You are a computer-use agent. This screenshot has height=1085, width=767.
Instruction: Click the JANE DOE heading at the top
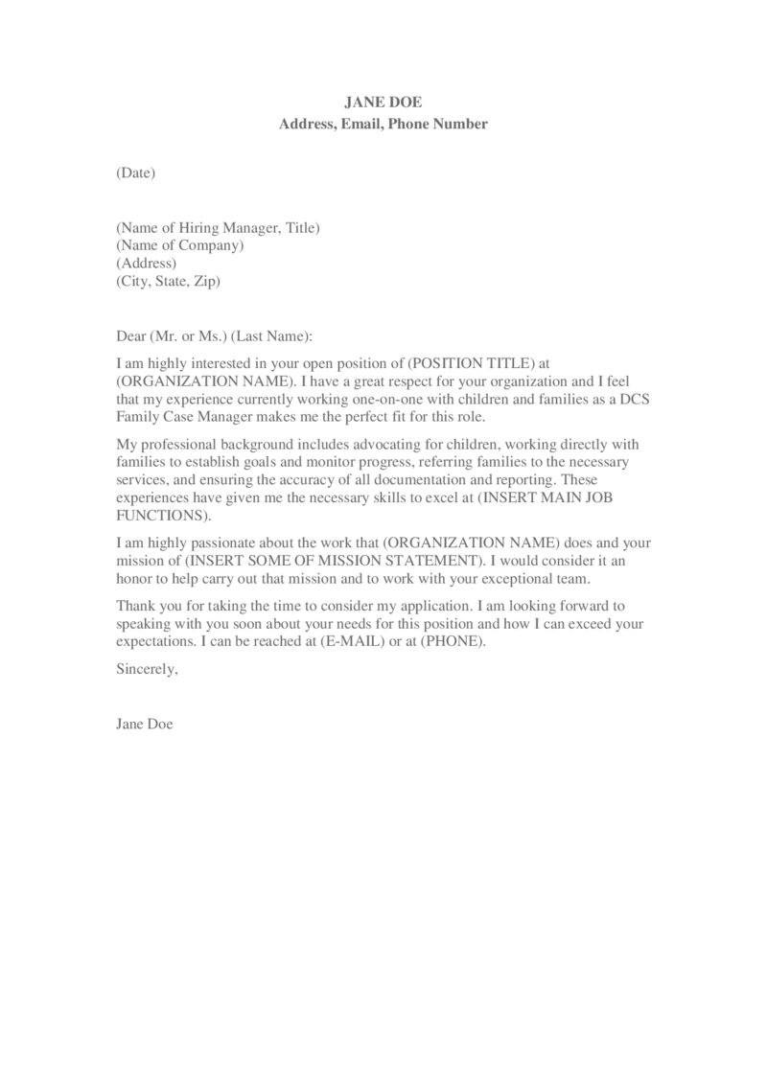(383, 102)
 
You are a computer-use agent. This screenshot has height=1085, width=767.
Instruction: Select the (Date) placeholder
(135, 173)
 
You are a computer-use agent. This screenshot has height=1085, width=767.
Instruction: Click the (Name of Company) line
(180, 245)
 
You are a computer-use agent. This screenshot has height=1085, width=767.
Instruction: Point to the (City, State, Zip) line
(169, 281)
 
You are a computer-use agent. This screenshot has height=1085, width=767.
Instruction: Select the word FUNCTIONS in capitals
(158, 515)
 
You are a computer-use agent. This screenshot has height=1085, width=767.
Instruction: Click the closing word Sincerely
(147, 669)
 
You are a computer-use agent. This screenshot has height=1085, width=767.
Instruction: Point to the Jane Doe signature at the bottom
(144, 724)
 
